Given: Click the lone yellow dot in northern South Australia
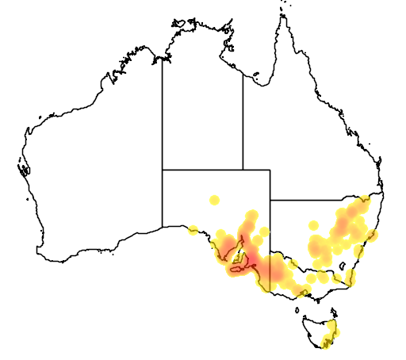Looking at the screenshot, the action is tap(213, 199).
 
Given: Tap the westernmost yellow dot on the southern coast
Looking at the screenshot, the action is tap(193, 231).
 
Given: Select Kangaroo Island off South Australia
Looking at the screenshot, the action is tap(236, 271).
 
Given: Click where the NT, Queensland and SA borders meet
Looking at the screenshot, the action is tap(243, 169).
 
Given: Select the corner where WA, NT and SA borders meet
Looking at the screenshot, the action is tap(163, 169).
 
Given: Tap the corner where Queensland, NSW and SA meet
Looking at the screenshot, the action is tap(270, 201).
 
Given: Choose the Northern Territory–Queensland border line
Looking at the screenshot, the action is tap(243, 119).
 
